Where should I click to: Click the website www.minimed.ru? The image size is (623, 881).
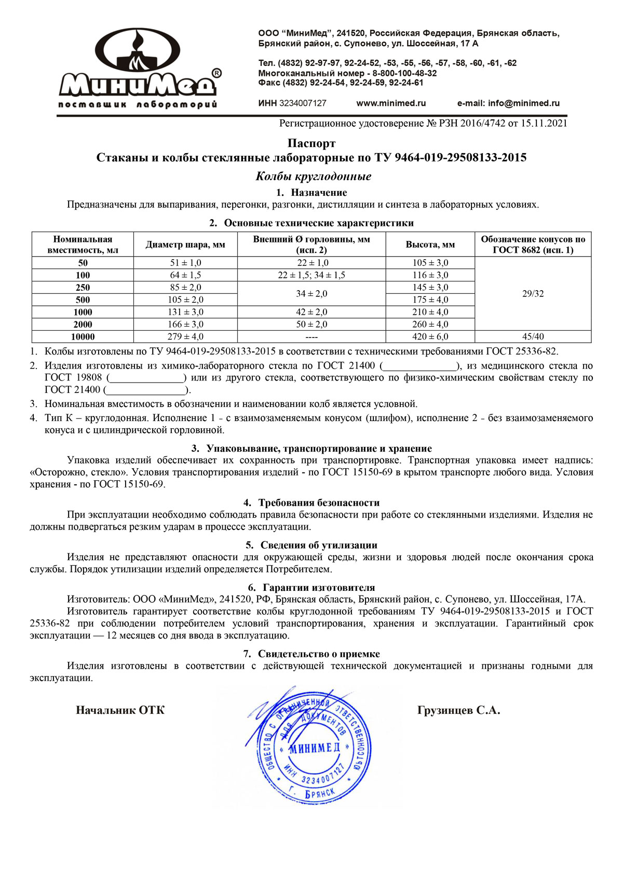(x=391, y=103)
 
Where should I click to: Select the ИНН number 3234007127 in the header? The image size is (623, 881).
(x=303, y=103)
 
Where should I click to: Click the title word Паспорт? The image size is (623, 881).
(x=311, y=143)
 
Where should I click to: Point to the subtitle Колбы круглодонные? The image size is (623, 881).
(x=313, y=177)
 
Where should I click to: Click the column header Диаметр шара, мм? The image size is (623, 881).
(x=185, y=245)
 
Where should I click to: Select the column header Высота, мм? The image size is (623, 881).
(x=430, y=245)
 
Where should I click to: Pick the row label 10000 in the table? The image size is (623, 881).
(x=83, y=337)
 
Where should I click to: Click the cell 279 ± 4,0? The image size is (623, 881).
(x=185, y=337)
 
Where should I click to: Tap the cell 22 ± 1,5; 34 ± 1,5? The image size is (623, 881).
(x=311, y=275)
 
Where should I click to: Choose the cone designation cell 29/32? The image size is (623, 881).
(x=533, y=294)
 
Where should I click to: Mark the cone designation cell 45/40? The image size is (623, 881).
(x=533, y=337)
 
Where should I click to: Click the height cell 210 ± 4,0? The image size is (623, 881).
(x=430, y=312)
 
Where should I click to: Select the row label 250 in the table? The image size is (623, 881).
(x=83, y=288)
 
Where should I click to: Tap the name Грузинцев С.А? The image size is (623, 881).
(x=458, y=711)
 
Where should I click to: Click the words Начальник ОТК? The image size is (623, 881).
(x=120, y=710)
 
